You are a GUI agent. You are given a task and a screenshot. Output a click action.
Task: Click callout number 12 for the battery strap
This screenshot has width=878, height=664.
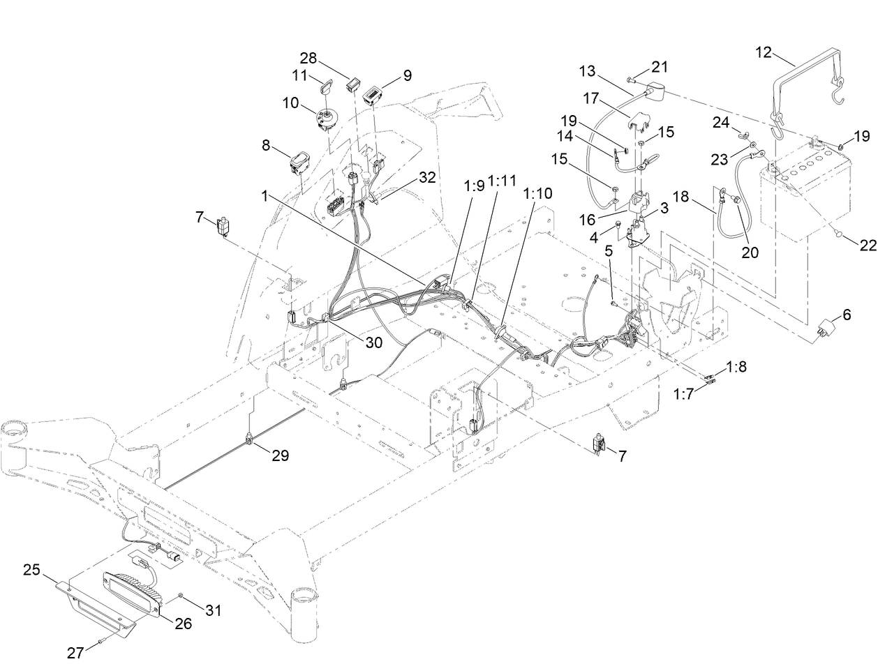click(765, 52)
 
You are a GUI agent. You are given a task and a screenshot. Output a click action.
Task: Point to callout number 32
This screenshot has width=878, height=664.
click(428, 178)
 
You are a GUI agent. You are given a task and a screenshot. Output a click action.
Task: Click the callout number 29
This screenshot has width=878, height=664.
click(280, 455)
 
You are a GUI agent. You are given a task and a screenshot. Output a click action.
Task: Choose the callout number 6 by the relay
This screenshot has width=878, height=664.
click(847, 315)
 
